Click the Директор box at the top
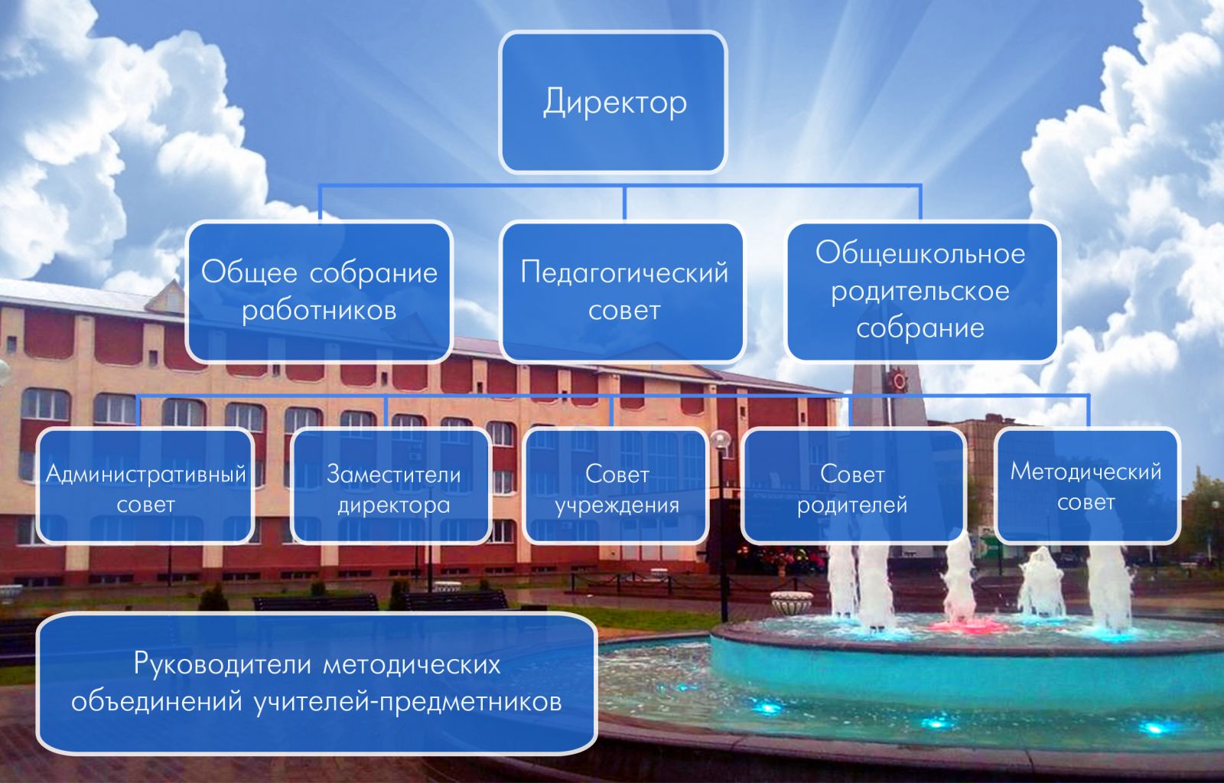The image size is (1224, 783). coord(613,102)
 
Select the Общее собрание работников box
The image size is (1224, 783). coord(319,291)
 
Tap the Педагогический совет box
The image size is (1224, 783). coord(623,291)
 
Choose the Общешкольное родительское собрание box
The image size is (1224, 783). coord(921,291)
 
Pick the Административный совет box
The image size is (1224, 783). coord(145,487)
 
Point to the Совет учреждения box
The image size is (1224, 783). coord(617,487)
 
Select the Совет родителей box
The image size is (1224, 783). coord(853,487)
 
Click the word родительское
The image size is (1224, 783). coord(920,292)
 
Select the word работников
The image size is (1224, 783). coord(319,311)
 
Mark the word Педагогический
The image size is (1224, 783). coord(624,272)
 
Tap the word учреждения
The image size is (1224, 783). coord(617,505)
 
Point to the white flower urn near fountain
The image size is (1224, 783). coord(790,602)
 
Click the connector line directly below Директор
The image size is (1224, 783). coord(624,201)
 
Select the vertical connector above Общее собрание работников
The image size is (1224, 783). coord(320,203)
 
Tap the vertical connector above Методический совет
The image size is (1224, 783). coord(1088,411)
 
